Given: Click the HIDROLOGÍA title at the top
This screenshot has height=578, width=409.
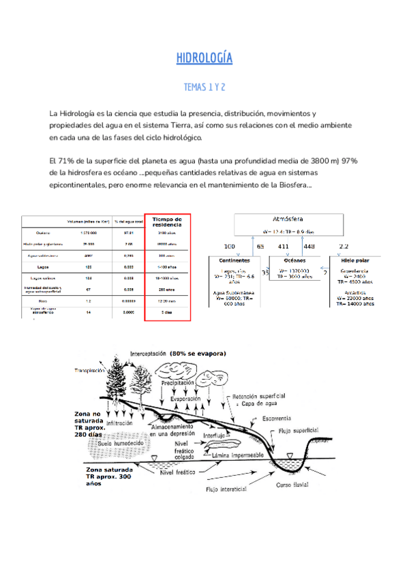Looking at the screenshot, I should point(204,58).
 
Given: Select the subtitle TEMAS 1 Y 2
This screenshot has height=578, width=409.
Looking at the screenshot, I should point(204,88).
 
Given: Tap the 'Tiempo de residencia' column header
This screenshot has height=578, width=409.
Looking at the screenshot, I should point(167,222).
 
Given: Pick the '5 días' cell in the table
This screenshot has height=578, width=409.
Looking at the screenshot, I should point(167,311).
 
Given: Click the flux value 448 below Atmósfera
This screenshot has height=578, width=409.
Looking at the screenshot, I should point(309,246).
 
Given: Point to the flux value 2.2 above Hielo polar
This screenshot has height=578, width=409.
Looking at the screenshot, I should point(344,246).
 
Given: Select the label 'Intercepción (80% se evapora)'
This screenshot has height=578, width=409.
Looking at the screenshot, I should point(185,354).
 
